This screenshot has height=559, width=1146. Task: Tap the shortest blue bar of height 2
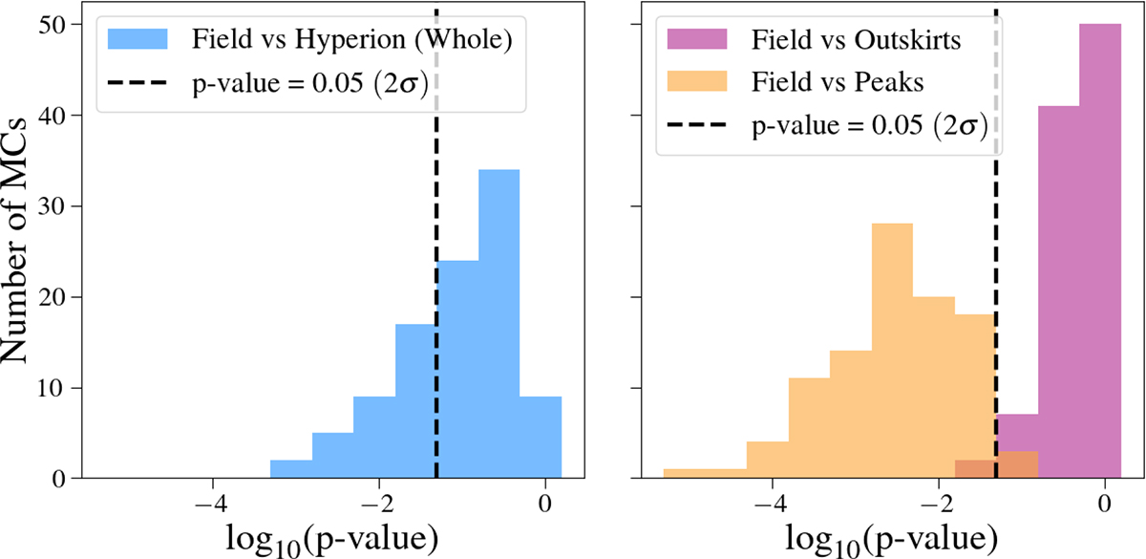click(x=290, y=469)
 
